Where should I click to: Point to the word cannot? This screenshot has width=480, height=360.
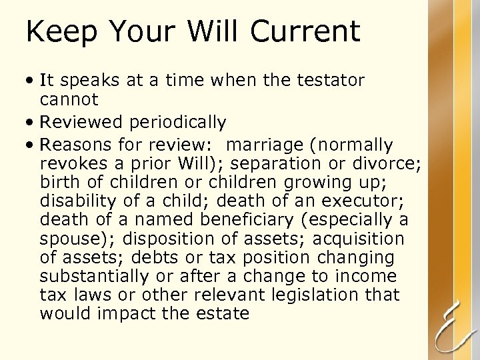tap(69, 100)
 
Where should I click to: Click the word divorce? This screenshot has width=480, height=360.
tap(396, 163)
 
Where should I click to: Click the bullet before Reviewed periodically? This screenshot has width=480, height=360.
tap(31, 123)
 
